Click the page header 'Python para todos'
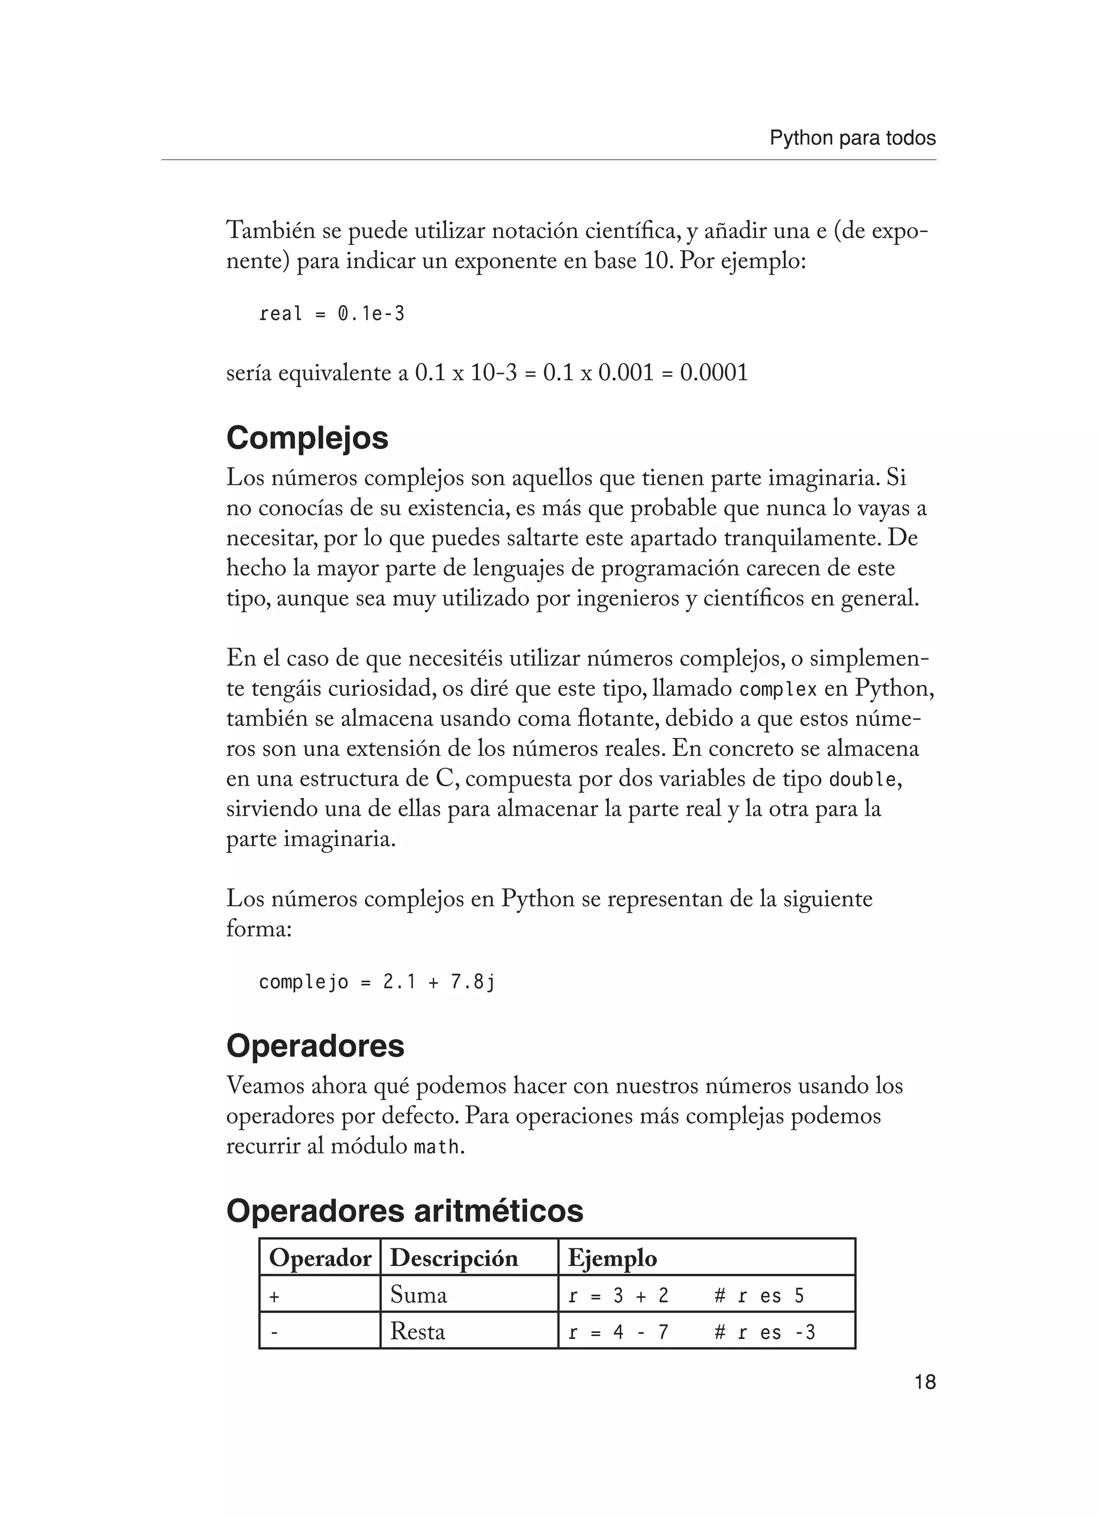[x=852, y=138]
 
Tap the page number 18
[x=925, y=1381]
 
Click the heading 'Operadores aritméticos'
[x=405, y=1211]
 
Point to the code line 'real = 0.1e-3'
[x=332, y=314]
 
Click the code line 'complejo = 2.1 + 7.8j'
[x=377, y=982]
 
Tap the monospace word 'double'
[x=863, y=780]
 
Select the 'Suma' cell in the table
[x=418, y=1295]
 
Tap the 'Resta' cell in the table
[x=418, y=1331]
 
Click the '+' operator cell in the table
[x=273, y=1297]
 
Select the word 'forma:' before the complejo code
[x=259, y=929]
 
